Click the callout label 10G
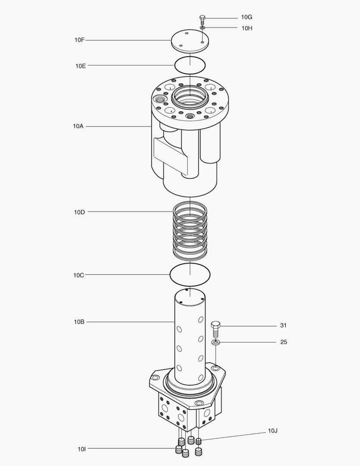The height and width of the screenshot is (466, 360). click(x=247, y=17)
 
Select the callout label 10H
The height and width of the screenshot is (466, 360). click(x=247, y=28)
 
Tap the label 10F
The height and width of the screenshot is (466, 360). click(x=79, y=40)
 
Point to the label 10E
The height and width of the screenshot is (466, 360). click(x=81, y=66)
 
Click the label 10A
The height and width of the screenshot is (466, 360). click(x=78, y=126)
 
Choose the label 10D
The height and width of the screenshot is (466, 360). click(x=79, y=212)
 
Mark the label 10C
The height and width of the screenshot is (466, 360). click(x=78, y=275)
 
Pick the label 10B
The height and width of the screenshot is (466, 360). click(x=79, y=322)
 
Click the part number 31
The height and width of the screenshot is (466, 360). click(x=283, y=325)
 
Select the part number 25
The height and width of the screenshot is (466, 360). click(x=284, y=342)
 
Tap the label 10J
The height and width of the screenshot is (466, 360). click(x=272, y=431)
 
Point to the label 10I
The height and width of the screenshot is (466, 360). click(x=81, y=449)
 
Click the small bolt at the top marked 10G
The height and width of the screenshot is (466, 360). click(x=202, y=19)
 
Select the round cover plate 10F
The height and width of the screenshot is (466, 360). click(x=190, y=41)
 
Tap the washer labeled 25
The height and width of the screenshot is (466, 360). click(x=216, y=343)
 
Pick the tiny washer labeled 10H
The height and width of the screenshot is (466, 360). click(x=202, y=28)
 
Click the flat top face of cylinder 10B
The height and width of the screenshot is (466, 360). click(x=190, y=296)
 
